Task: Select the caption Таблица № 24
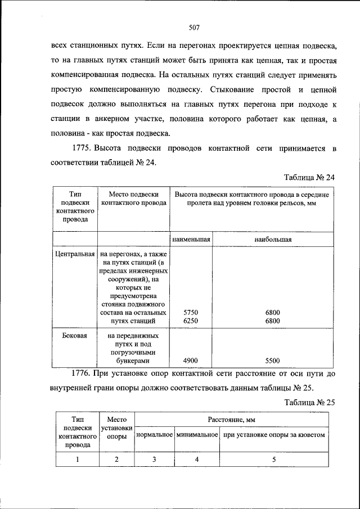point(309,177)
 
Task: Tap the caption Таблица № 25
point(309,402)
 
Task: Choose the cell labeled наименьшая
point(191,239)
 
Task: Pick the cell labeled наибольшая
point(273,239)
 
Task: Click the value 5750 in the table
point(191,312)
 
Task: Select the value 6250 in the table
point(191,321)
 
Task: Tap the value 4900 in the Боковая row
point(191,361)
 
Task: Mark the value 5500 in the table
point(273,361)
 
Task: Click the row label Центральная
point(75,254)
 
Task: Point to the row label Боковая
point(75,336)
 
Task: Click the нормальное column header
point(155,435)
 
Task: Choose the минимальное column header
point(196,435)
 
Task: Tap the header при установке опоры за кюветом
point(274,435)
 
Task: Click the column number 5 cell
point(274,459)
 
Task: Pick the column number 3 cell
point(155,459)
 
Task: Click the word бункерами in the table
point(133,361)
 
